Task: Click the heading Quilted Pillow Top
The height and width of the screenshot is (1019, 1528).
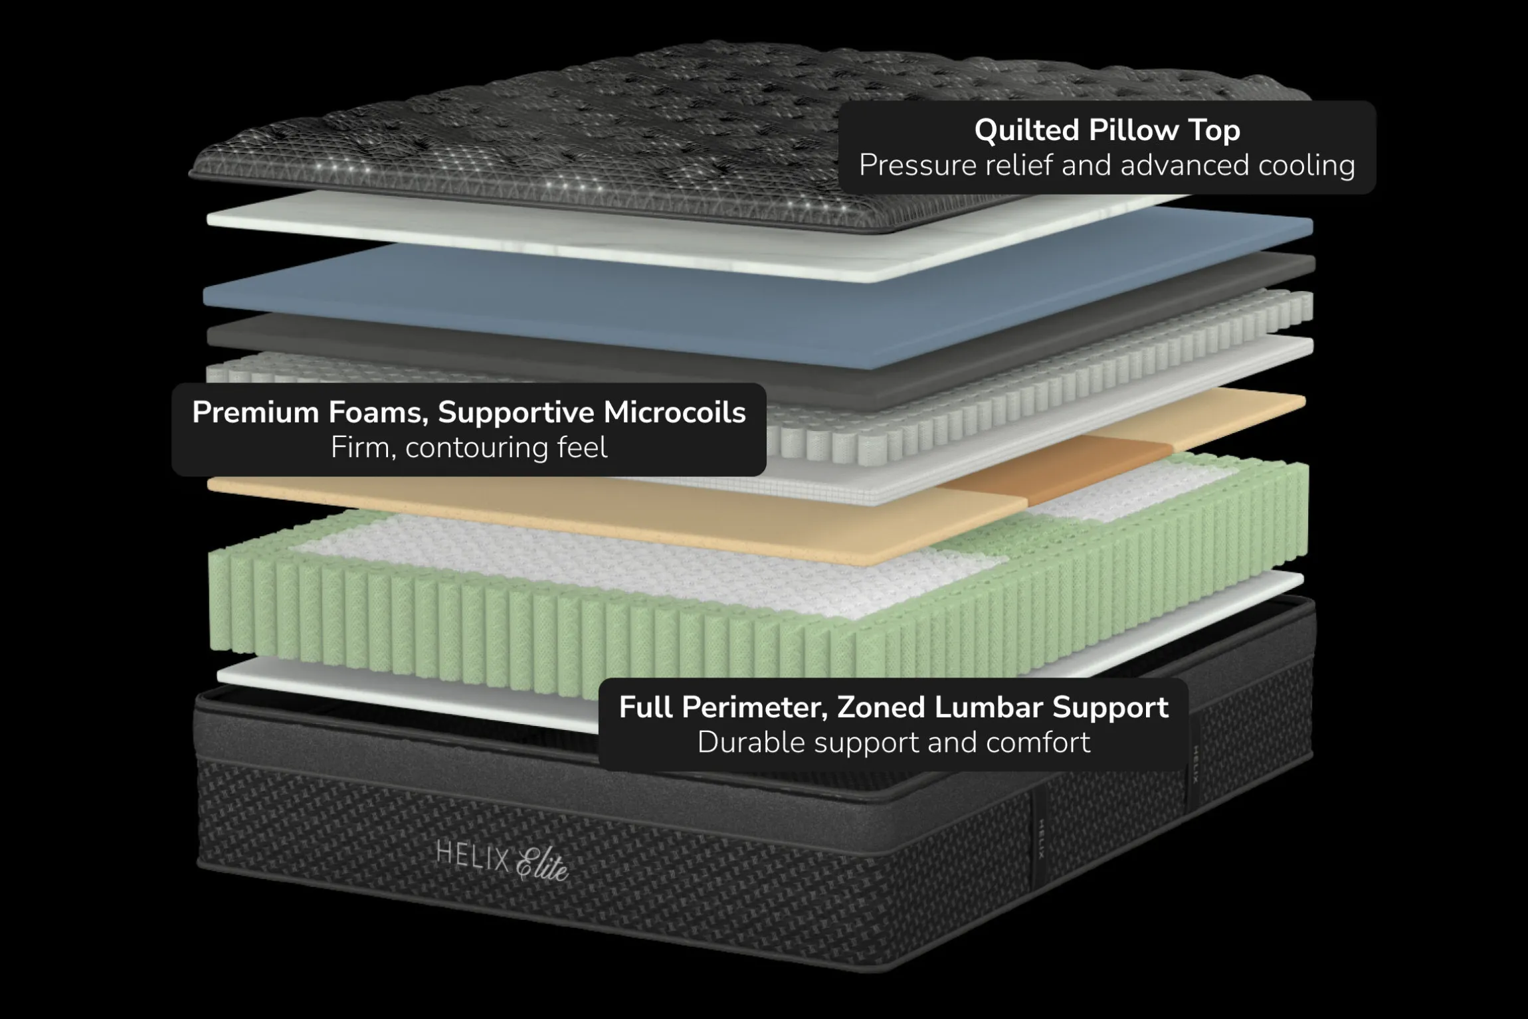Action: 1107,130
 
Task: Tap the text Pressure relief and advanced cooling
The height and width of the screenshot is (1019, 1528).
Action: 1107,165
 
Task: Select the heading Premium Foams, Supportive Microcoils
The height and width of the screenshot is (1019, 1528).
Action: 469,413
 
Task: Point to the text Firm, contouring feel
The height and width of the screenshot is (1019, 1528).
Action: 469,448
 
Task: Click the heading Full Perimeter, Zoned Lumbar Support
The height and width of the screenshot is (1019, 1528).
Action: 894,707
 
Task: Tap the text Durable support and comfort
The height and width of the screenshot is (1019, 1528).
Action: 894,742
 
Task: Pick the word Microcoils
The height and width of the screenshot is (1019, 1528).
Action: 674,413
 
